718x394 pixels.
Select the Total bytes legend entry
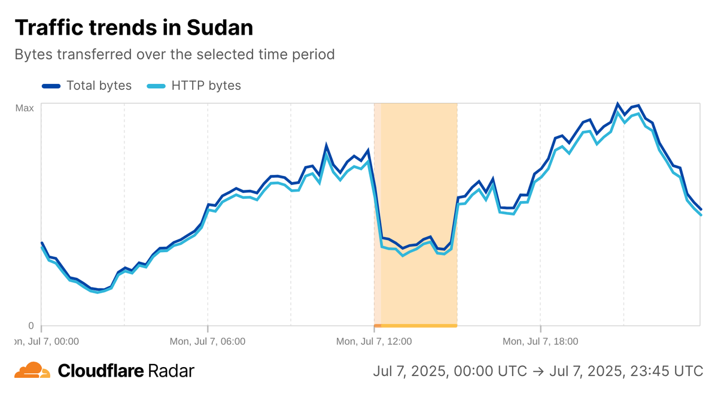click(x=99, y=86)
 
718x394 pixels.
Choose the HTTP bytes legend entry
click(x=206, y=86)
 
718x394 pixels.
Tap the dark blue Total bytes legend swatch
click(x=51, y=86)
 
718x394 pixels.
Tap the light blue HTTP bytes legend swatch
click(x=156, y=86)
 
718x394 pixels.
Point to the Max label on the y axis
click(x=24, y=108)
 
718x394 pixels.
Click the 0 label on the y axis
click(x=31, y=326)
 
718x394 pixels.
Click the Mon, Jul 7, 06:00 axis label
click(x=207, y=342)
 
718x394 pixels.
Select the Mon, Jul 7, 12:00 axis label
click(x=373, y=342)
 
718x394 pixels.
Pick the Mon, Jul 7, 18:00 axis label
click(x=540, y=342)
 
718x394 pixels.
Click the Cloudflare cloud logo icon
click(x=32, y=371)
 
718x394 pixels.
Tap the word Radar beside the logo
click(x=172, y=371)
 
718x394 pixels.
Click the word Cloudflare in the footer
click(x=101, y=371)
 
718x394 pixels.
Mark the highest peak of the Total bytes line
click(x=617, y=104)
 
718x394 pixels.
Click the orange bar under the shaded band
click(x=419, y=326)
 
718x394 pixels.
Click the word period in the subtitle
click(x=315, y=54)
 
